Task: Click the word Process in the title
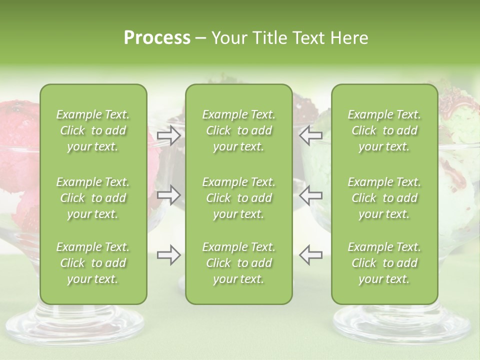click(x=157, y=38)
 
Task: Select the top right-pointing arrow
click(x=168, y=135)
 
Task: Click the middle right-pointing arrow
click(x=168, y=194)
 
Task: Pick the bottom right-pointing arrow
click(x=168, y=254)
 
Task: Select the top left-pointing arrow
click(x=310, y=135)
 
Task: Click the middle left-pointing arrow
click(x=310, y=194)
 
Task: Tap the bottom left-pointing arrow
click(x=310, y=254)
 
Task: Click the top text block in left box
click(x=93, y=130)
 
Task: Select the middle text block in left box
click(x=93, y=198)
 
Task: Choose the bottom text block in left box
click(x=93, y=263)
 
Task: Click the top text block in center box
click(x=238, y=130)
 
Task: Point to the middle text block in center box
click(x=238, y=198)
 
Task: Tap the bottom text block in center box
click(x=238, y=263)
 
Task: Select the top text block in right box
click(x=384, y=130)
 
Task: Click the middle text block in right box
click(x=384, y=198)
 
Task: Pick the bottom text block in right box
click(x=384, y=263)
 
